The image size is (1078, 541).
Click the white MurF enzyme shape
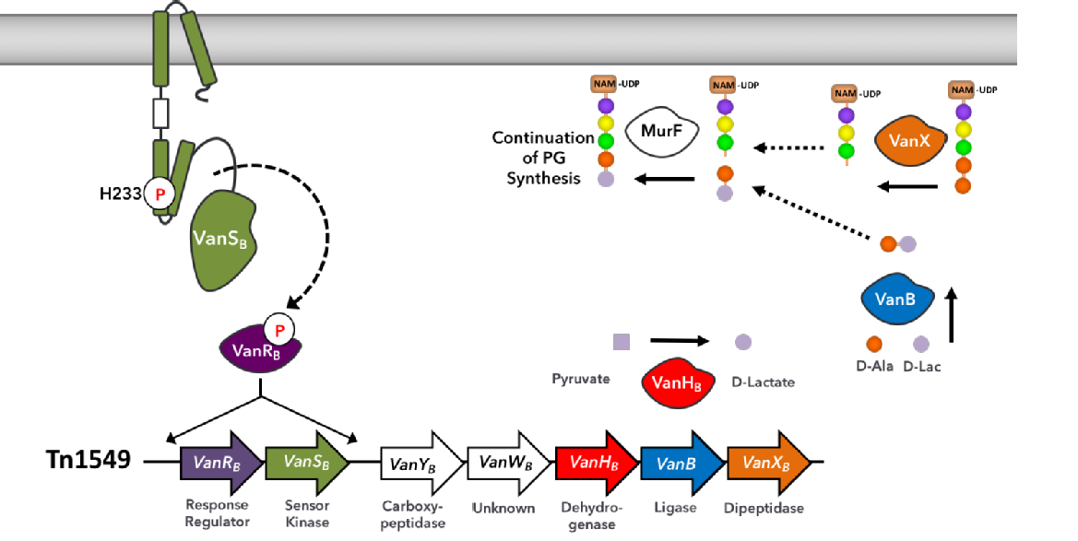tap(661, 131)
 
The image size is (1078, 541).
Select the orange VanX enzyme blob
tap(909, 142)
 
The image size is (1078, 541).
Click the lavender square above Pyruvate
tap(622, 343)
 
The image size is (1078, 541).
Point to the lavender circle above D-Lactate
tap(743, 343)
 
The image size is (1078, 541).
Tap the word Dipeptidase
tap(764, 508)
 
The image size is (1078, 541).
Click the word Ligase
tap(676, 508)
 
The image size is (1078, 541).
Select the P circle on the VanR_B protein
tap(278, 329)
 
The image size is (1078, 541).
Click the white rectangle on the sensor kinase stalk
tap(161, 113)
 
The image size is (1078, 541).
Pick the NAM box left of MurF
tap(604, 85)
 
